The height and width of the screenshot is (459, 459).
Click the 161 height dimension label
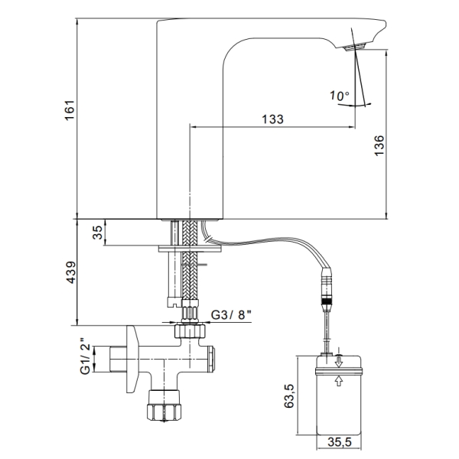(70, 110)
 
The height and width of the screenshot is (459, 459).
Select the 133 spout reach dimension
(272, 119)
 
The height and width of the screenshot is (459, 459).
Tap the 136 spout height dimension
(379, 145)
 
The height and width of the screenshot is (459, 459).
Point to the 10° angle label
(340, 96)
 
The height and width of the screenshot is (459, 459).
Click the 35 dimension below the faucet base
(98, 233)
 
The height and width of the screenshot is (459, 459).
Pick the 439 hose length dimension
(70, 272)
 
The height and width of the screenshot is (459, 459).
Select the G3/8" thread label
(232, 314)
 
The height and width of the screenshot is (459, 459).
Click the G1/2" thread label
(85, 356)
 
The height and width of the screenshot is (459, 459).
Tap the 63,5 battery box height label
(288, 396)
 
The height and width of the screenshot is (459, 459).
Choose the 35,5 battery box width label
(340, 442)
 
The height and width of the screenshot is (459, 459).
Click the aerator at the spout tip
(356, 47)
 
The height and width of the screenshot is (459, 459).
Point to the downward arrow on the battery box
(339, 362)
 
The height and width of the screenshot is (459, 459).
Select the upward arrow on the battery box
(339, 381)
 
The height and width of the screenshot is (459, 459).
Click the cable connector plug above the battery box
(327, 288)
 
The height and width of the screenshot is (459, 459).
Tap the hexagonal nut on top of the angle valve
(190, 330)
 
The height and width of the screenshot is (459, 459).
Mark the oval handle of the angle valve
(132, 359)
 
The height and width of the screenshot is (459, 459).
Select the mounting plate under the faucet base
(190, 249)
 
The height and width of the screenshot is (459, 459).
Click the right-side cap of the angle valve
(211, 359)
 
